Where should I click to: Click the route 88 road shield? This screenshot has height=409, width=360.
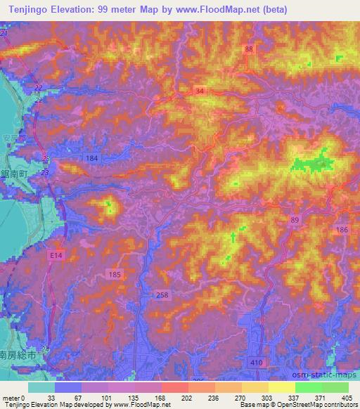click(249, 48)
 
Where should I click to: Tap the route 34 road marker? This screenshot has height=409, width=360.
click(200, 91)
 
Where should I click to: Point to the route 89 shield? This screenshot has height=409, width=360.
click(294, 220)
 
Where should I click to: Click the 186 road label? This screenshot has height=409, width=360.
click(342, 231)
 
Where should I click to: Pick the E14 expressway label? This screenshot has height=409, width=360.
click(56, 257)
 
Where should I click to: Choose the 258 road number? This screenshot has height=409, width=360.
click(162, 295)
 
